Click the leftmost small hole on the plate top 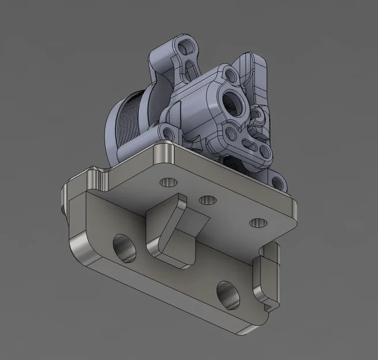coord(168,182)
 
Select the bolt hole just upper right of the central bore coord(230,74)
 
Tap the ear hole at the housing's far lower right coord(279,184)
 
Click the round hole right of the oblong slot coord(264,153)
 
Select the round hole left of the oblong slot coord(230,134)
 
